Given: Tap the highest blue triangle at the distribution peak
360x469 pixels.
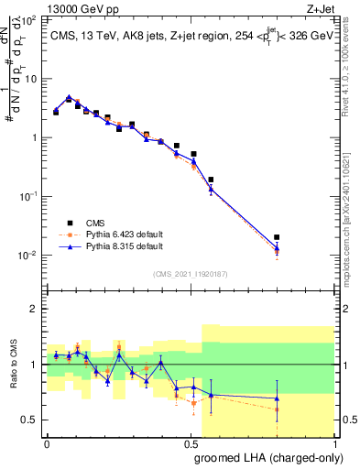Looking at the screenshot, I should [x=70, y=96].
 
